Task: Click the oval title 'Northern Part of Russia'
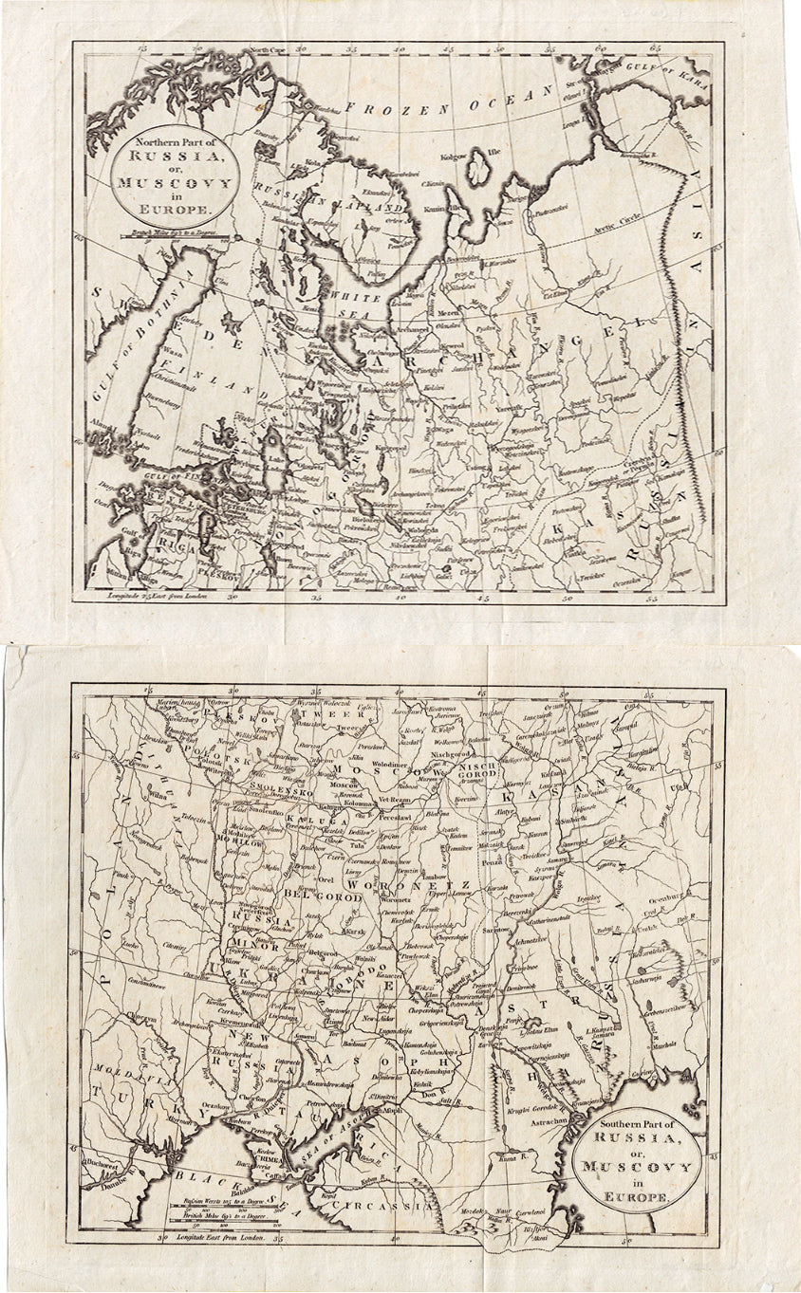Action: click(166, 172)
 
